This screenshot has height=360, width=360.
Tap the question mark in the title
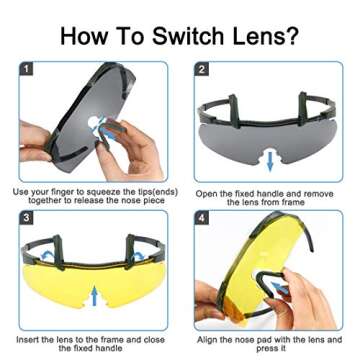click(291, 35)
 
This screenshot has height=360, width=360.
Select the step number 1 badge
click(27, 69)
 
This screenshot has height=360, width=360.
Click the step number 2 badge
click(202, 69)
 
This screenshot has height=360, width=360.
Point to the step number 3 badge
click(27, 217)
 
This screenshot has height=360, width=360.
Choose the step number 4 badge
click(202, 217)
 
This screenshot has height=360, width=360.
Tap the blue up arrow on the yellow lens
click(95, 295)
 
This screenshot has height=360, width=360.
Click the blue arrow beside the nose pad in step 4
click(279, 287)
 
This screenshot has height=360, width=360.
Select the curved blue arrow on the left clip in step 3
click(46, 254)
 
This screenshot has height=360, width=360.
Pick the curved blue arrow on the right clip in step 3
click(138, 256)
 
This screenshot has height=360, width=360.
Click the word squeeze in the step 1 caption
click(102, 193)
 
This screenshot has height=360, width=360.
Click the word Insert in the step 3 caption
click(28, 340)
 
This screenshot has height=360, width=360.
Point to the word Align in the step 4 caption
click(209, 340)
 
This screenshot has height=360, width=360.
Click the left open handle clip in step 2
click(234, 111)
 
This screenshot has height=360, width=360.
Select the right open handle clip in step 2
click(303, 108)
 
